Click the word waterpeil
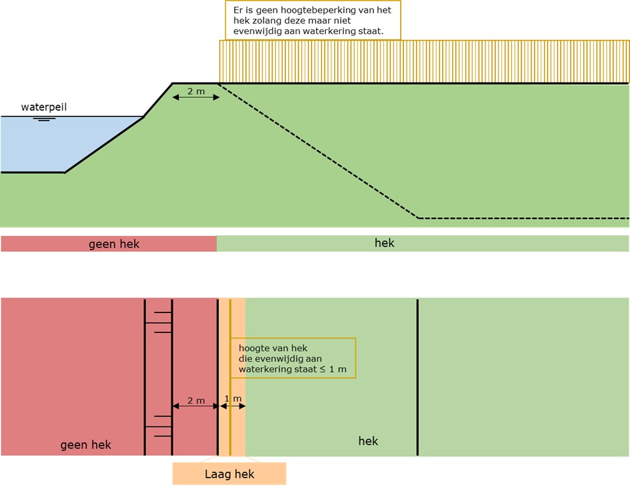[x=43, y=107]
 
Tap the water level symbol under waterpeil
[x=45, y=119]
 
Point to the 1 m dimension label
[x=233, y=399]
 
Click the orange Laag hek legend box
[x=229, y=474]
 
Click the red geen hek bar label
[x=114, y=244]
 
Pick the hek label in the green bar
[x=385, y=243]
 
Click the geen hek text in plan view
[x=85, y=444]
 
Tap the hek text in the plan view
[x=368, y=441]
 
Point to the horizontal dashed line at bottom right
[x=523, y=218]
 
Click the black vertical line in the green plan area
[x=417, y=377]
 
